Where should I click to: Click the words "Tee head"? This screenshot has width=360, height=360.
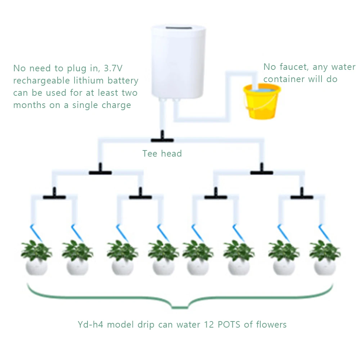coord(162,154)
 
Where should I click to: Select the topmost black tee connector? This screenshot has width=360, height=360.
coord(162,139)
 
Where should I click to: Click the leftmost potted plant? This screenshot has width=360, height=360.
coord(36,257)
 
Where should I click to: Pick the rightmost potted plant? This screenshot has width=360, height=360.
coord(325,257)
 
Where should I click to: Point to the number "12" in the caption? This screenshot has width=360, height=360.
coord(210,325)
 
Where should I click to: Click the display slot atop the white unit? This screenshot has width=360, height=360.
coord(176,27)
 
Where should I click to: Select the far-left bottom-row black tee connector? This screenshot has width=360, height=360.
coord(54,197)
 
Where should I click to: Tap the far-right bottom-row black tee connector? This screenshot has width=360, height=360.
coord(302,197)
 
